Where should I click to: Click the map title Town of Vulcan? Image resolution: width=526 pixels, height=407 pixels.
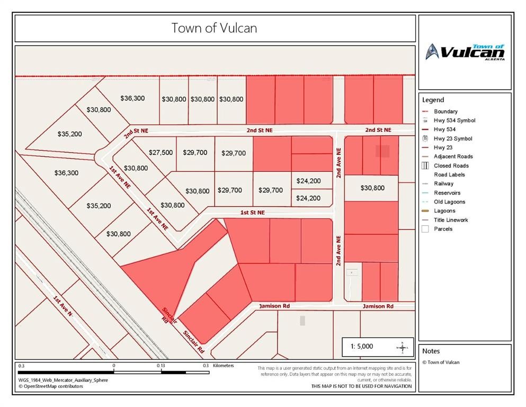[214, 28]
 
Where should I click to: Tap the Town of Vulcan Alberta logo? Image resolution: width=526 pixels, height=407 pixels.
[465, 52]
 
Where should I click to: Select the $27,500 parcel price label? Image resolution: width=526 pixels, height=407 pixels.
[161, 153]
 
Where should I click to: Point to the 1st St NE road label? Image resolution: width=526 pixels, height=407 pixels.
[252, 213]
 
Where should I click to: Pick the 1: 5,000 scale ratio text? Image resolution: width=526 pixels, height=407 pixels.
[362, 347]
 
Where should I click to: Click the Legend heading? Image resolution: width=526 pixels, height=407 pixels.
[433, 100]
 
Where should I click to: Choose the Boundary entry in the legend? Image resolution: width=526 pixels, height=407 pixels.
[445, 112]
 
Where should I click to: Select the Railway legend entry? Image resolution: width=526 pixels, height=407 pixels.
[443, 184]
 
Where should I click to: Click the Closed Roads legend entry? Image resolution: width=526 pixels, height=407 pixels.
[451, 166]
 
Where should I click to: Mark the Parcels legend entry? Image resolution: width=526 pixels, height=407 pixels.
[443, 229]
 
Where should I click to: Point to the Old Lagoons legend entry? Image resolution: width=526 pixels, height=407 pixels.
[449, 202]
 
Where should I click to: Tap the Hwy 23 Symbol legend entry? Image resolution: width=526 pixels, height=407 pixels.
[453, 139]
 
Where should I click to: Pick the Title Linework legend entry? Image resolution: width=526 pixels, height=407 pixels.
[451, 220]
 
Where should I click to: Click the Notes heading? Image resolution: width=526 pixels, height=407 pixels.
[431, 351]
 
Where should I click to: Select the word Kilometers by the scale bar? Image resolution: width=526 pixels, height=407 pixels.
[223, 366]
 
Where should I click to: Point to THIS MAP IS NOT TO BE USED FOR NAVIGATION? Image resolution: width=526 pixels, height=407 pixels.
[361, 386]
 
